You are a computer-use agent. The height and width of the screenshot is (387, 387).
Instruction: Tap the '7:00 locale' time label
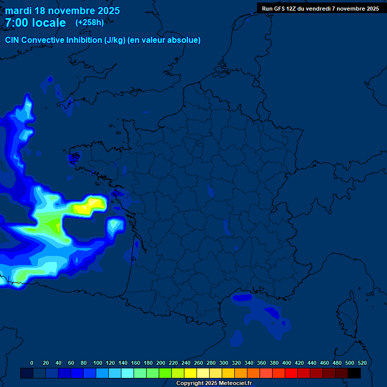click(35, 23)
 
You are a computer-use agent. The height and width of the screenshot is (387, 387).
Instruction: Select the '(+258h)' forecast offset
click(89, 23)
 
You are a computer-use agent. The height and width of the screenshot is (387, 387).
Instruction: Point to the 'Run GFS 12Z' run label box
click(320, 8)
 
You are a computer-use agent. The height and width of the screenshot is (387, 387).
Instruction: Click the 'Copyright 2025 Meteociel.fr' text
click(214, 383)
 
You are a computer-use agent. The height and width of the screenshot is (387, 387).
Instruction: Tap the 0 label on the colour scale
click(32, 363)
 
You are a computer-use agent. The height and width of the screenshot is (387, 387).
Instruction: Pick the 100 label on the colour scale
click(97, 363)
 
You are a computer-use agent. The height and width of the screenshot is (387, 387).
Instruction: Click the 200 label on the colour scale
click(161, 363)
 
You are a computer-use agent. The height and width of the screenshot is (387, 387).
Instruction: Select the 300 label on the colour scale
click(224, 363)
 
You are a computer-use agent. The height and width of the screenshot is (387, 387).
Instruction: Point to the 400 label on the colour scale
click(287, 363)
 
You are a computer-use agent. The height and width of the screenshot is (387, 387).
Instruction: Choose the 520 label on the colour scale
click(362, 363)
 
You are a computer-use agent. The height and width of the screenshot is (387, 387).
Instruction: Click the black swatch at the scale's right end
click(354, 373)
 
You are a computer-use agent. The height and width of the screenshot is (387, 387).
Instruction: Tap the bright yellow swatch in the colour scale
click(190, 373)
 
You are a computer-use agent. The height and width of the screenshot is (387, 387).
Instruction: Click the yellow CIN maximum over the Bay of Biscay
click(90, 206)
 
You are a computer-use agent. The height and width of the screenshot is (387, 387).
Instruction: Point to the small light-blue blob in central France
click(210, 191)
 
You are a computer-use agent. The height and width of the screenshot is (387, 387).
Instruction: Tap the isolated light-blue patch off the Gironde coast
click(115, 225)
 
